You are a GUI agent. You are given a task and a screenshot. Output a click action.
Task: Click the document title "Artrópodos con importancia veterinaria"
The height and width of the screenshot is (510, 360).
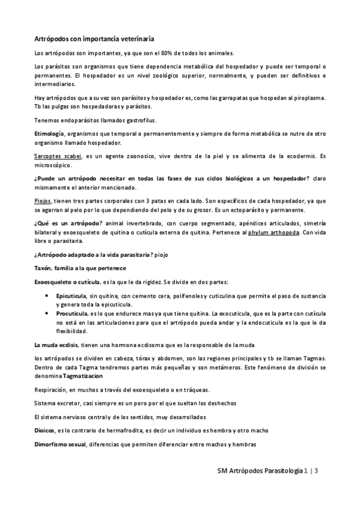click(x=94, y=38)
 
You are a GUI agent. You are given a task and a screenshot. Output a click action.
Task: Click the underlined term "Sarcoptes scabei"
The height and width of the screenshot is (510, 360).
click(x=58, y=156)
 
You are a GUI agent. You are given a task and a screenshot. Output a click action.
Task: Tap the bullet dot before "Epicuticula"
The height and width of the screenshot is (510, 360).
click(x=47, y=297)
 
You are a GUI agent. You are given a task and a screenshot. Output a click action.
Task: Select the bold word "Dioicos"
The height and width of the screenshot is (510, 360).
click(x=45, y=431)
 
